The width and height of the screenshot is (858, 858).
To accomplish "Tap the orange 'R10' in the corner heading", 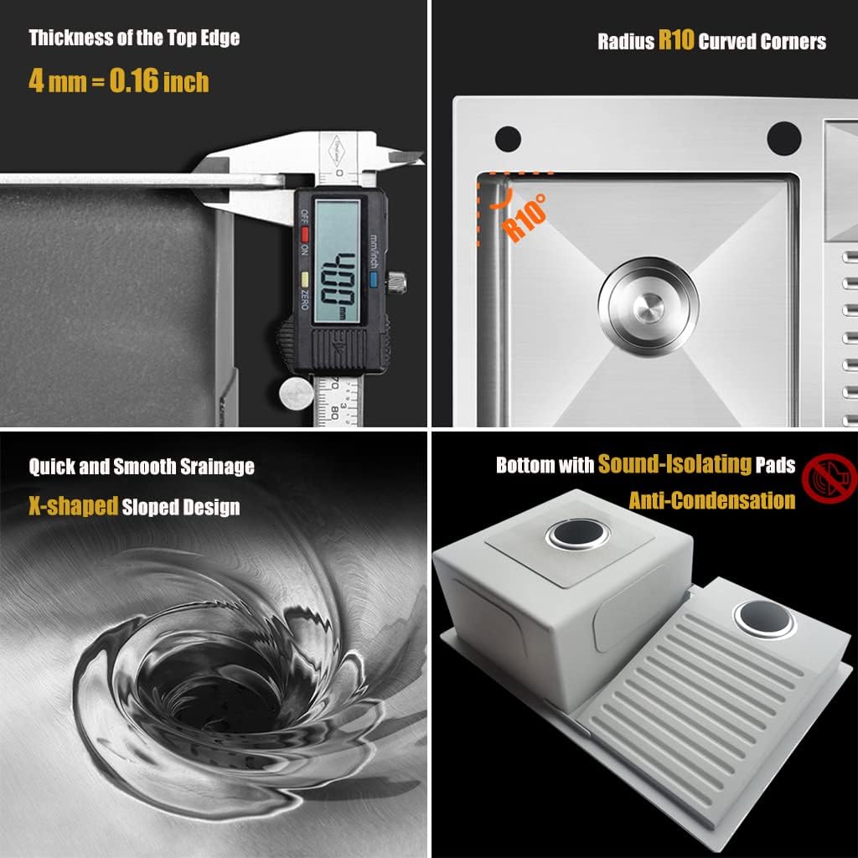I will tap(676, 40).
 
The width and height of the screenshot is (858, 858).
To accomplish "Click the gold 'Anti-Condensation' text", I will tap(711, 500).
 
